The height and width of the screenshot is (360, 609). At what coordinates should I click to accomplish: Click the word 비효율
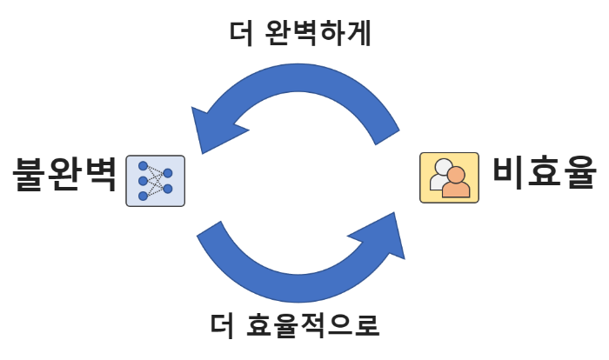tap(544, 170)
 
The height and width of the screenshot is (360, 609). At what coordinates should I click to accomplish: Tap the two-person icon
tap(449, 178)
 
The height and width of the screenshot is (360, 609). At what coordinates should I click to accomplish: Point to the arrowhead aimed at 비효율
tap(386, 235)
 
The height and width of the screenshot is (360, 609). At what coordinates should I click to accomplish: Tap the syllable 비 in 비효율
tap(509, 170)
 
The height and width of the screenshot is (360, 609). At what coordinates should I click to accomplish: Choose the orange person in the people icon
tap(455, 183)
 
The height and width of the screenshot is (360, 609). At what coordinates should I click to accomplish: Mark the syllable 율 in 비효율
tap(579, 170)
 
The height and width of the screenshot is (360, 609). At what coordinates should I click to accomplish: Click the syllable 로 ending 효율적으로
tap(366, 326)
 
